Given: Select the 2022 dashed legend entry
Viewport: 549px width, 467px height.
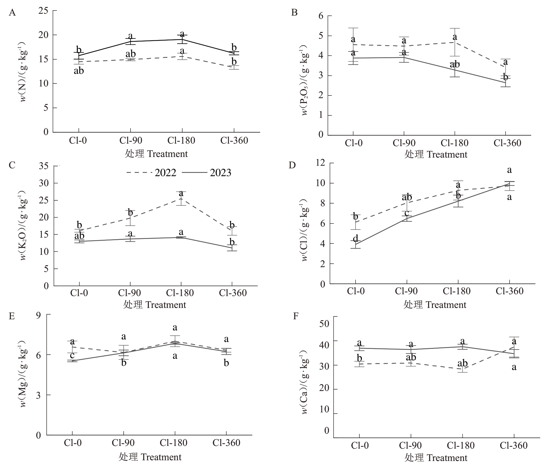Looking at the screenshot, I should (x=151, y=173).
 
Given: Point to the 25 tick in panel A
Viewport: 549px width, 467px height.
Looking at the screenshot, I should (x=44, y=11).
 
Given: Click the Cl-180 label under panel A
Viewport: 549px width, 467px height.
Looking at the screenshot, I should (x=181, y=140).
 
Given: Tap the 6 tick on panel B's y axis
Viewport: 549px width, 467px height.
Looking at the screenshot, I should (x=321, y=16).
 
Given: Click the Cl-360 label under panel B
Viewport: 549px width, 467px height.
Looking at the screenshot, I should (x=507, y=143).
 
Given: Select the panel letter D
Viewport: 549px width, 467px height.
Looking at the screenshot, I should (x=292, y=165).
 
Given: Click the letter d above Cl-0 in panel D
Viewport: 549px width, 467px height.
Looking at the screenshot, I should (x=355, y=239).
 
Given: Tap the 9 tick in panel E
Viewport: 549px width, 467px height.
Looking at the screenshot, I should (x=39, y=315).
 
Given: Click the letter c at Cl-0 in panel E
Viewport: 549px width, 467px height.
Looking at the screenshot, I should (x=72, y=356).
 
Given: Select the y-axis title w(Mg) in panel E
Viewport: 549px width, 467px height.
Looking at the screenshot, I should (x=23, y=374).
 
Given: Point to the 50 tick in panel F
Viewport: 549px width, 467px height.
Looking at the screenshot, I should (x=325, y=324).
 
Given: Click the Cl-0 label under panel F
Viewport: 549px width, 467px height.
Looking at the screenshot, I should (x=359, y=445).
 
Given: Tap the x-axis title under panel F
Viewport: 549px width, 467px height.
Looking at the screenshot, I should (x=436, y=458).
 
